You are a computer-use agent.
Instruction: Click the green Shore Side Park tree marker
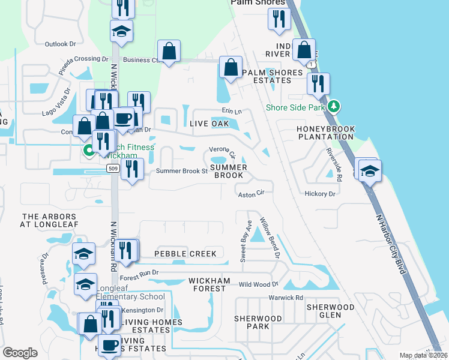pos(334,107)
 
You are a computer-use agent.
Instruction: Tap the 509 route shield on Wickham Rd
pos(113,169)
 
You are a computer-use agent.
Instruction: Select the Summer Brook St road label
pos(181,171)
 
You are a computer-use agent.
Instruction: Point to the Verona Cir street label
pos(221,149)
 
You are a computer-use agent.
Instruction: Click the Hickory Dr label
pos(319,194)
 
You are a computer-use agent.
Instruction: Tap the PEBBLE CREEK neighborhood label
pos(185,254)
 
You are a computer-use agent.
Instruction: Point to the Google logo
pos(20,352)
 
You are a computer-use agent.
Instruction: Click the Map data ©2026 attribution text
pos(423,355)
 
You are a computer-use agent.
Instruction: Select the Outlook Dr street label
pos(61,44)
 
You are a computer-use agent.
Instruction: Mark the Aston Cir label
pos(252,194)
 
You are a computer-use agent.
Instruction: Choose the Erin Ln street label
pos(231,111)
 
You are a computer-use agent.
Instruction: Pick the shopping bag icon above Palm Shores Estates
pos(231,68)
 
